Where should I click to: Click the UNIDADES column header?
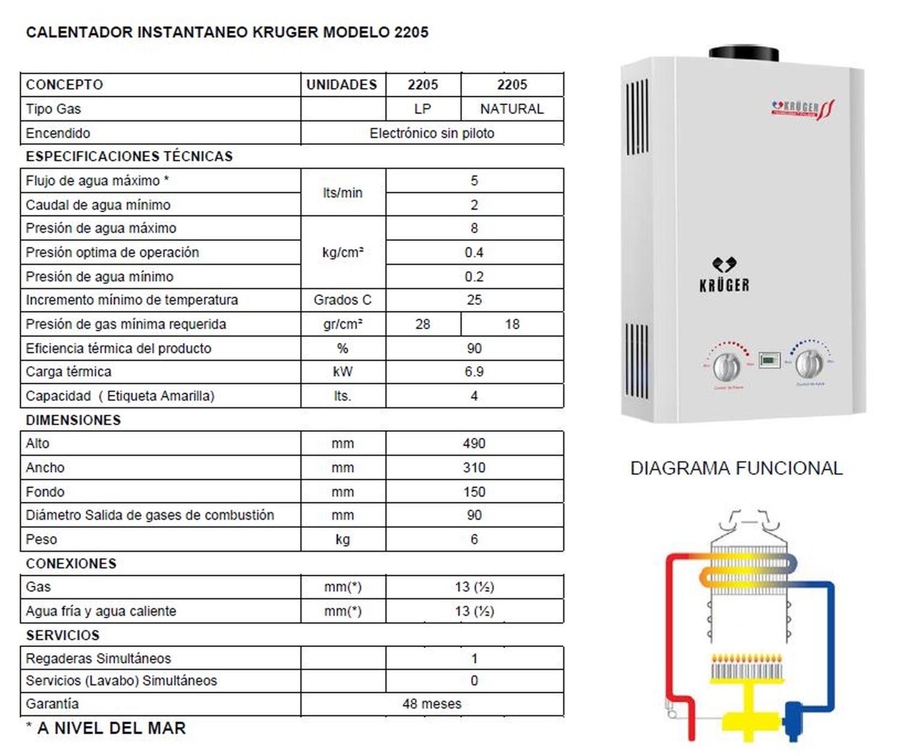[342, 84]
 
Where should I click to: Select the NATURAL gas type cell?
[512, 109]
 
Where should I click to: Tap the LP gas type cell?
[423, 109]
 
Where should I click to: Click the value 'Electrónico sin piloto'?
[432, 133]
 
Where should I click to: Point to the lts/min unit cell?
[342, 192]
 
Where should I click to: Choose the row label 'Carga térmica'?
[68, 371]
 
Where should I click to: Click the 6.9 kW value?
[473, 371]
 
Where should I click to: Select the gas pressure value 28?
[423, 324]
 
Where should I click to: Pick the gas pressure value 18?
[512, 324]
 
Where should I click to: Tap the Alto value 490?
[473, 443]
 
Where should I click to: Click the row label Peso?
[41, 539]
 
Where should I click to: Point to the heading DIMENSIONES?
[73, 420]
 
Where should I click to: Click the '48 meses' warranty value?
[432, 704]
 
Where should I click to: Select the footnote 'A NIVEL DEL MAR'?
[111, 728]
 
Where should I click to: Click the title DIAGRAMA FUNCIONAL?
[736, 468]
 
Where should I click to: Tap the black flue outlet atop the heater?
[744, 53]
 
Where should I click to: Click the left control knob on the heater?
[726, 365]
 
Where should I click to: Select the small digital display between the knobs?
[770, 360]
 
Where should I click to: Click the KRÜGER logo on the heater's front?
[724, 276]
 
